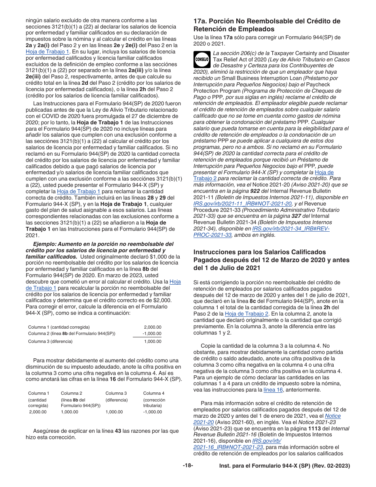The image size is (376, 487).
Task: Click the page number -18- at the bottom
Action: point(188,466)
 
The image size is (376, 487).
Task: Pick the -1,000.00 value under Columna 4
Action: point(152,412)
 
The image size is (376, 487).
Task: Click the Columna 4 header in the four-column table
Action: point(154,393)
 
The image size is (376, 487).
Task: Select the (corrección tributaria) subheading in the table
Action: point(152,403)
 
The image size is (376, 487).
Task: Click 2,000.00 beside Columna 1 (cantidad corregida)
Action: point(152,327)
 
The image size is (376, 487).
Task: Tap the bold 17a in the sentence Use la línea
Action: point(228,38)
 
